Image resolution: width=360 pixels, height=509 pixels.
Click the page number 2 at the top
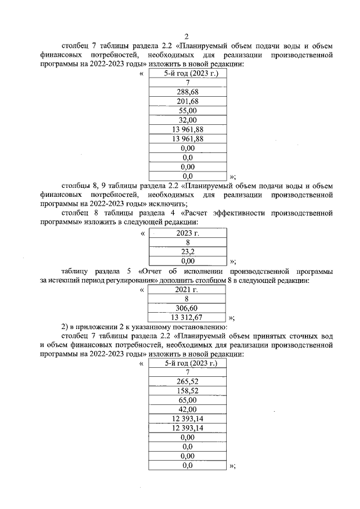(187, 36)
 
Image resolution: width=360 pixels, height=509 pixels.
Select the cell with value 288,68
(187, 91)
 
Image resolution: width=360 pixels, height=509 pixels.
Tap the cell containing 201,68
(187, 101)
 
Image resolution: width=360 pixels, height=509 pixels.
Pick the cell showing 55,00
(187, 110)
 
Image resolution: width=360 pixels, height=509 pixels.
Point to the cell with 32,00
(187, 120)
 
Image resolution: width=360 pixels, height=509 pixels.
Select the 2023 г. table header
(187, 232)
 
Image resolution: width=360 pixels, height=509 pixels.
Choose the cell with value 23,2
(187, 251)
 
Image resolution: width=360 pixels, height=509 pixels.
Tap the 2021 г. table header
(187, 290)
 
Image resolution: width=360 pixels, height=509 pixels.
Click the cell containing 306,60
(187, 308)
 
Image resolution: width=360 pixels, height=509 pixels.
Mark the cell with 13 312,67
(187, 318)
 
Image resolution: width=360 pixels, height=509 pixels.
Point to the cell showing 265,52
(187, 381)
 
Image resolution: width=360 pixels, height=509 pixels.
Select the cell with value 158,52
(187, 391)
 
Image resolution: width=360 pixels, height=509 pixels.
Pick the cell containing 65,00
(187, 400)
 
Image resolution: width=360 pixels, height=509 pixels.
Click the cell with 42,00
(187, 409)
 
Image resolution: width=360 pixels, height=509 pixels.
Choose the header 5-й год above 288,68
(175, 73)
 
